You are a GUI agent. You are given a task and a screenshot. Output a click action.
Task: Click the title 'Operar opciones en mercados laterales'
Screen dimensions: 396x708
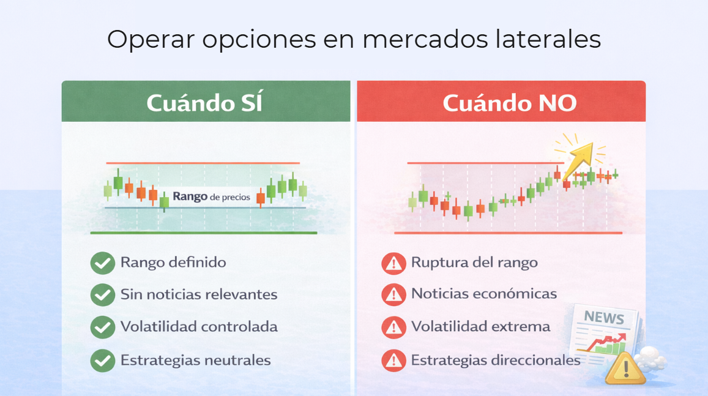click(354, 40)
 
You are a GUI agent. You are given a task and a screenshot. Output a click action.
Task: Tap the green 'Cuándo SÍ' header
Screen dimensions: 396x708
click(206, 102)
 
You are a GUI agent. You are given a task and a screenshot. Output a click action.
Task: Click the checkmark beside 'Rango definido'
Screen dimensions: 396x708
click(102, 263)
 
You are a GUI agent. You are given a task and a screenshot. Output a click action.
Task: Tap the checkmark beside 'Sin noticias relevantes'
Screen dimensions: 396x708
click(102, 295)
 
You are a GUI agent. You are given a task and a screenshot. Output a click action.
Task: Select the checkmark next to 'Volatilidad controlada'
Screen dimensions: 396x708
click(102, 327)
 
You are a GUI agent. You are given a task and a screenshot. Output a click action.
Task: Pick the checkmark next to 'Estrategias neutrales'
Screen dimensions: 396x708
click(102, 360)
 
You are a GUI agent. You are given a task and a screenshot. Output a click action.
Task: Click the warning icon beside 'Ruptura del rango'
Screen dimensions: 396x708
click(393, 263)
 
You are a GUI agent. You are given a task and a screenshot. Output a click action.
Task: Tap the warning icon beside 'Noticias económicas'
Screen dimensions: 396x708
click(393, 295)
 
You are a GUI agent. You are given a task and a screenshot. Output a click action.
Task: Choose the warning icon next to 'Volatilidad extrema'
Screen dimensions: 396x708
click(393, 327)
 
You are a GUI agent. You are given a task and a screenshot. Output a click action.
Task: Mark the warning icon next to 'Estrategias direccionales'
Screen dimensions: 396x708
click(393, 360)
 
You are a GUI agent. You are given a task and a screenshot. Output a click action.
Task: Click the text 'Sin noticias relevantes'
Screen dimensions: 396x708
click(199, 294)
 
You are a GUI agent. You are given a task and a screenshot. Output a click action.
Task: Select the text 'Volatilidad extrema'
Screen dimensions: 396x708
click(480, 327)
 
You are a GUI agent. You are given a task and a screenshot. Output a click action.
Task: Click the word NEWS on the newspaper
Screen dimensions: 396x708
click(603, 318)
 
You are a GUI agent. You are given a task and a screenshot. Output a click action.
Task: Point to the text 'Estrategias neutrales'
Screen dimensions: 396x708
click(195, 360)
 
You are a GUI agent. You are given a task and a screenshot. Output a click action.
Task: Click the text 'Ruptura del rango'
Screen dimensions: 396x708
click(474, 263)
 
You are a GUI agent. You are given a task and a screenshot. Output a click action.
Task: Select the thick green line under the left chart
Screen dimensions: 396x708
click(204, 233)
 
